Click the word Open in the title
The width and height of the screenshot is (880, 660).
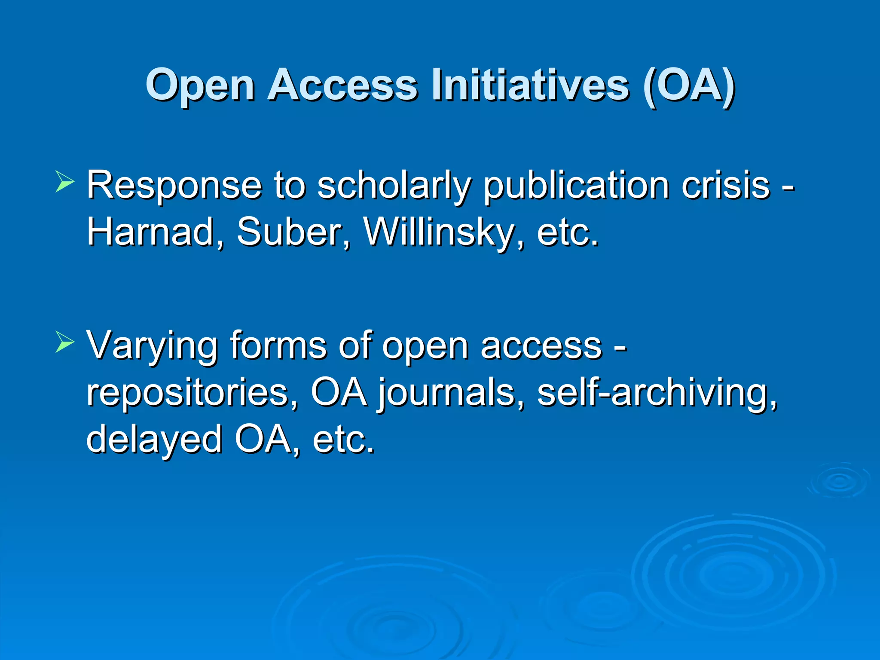[200, 86]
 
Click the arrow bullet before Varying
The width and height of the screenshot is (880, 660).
[65, 342]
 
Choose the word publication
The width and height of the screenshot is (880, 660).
[576, 186]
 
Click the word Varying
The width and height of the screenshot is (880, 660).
[152, 346]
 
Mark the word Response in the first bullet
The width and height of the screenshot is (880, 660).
[174, 186]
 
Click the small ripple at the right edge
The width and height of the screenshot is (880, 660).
[839, 481]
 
